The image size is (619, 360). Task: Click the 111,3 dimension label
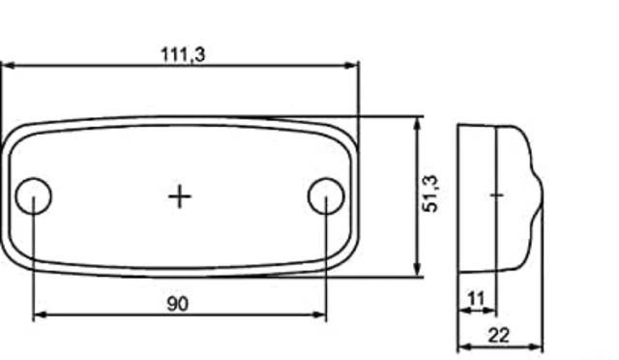pos(183,54)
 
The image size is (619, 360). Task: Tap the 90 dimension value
pos(178,304)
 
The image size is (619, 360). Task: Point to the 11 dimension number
pos(475,299)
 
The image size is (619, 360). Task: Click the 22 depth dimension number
pos(499,336)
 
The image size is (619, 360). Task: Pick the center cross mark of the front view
pos(180,196)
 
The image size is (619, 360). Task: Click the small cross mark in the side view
pos(496,195)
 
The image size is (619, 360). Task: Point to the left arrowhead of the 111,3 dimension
pos(8,65)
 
